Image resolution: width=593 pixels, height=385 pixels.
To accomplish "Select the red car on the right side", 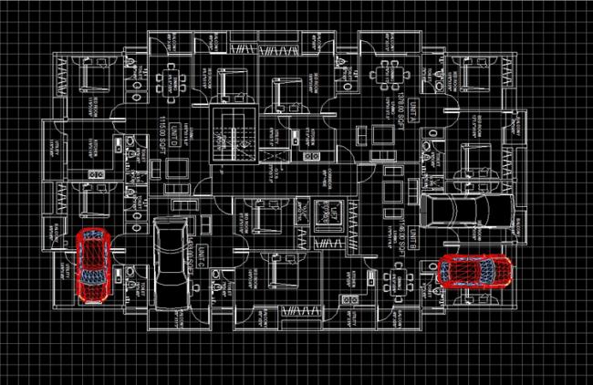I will point(474,271).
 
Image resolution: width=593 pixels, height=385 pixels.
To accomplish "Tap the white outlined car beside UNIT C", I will point(171,265).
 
